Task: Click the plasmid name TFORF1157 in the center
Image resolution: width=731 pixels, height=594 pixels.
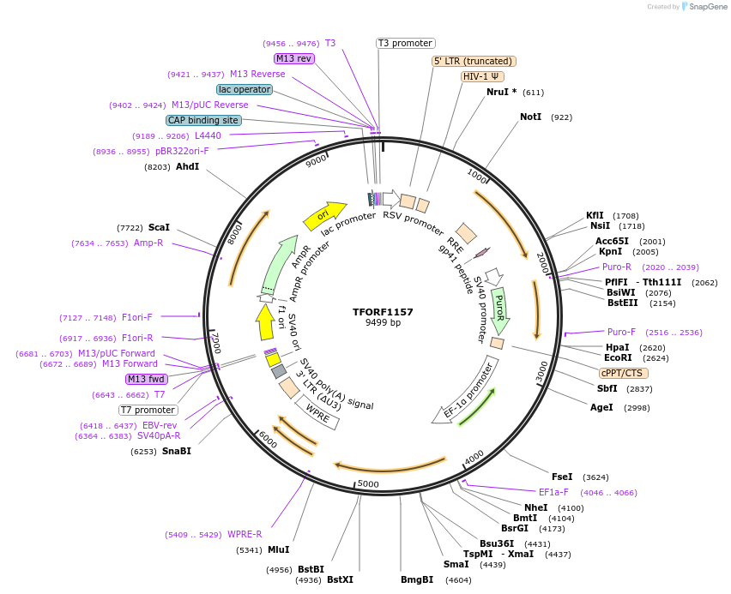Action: click(x=383, y=312)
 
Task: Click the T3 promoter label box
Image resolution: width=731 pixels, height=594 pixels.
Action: click(x=406, y=43)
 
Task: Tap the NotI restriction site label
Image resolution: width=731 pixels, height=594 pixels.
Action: click(x=531, y=117)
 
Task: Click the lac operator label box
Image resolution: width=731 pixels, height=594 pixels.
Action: click(x=245, y=89)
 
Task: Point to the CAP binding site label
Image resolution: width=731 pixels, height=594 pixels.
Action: click(x=203, y=121)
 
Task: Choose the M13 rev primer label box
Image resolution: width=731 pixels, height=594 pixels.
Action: click(x=294, y=58)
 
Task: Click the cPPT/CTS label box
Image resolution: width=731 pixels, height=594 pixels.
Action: click(x=624, y=373)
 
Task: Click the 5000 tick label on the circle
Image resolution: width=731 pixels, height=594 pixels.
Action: click(x=368, y=484)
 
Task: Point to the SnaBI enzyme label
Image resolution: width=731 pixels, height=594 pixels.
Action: click(x=176, y=451)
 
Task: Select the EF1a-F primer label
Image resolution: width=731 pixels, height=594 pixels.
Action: click(x=553, y=492)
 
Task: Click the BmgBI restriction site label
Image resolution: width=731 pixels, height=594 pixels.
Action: click(x=417, y=580)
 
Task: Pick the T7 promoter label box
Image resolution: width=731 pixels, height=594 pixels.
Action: click(x=148, y=410)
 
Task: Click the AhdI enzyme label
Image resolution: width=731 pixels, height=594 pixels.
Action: click(x=187, y=166)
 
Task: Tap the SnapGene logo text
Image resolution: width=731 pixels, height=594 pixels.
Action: click(x=703, y=7)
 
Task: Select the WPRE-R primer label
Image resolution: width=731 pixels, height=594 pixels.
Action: click(x=245, y=535)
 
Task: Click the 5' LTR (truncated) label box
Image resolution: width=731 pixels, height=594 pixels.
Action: click(x=473, y=61)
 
